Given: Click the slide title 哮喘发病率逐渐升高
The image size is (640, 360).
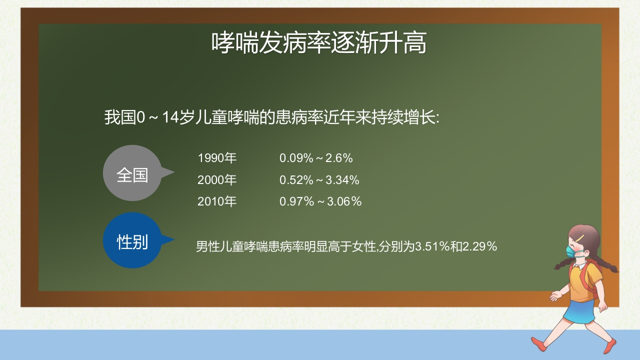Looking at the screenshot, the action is (x=319, y=43).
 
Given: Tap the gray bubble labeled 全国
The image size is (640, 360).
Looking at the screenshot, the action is (x=134, y=173).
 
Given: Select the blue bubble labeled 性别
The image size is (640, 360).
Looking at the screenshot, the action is (x=134, y=240).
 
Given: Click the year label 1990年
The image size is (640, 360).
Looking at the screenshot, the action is (x=217, y=158).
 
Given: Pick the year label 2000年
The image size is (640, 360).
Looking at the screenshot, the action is (x=217, y=179).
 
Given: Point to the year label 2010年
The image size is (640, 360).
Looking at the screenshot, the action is (x=217, y=201).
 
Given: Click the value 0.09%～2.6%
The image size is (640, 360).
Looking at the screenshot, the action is (x=316, y=158).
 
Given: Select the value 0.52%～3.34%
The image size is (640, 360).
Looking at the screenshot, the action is (x=319, y=180).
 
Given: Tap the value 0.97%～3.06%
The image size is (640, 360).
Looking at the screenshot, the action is (x=320, y=201).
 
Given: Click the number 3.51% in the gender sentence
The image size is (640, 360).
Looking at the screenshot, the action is (x=432, y=246).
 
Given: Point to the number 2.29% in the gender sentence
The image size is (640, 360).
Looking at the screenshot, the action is (x=479, y=246).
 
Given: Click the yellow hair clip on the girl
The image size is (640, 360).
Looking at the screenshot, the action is (x=580, y=238).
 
